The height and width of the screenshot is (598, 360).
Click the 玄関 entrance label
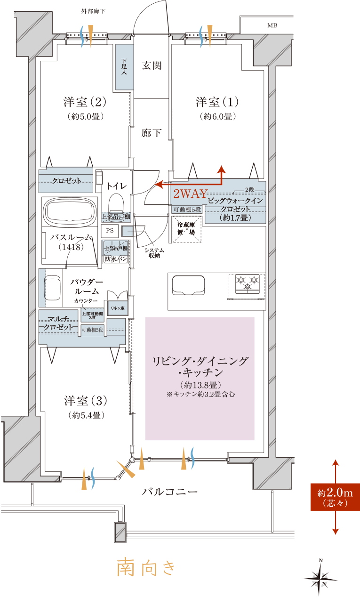coord(152,65)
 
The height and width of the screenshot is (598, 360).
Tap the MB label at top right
coord(272,25)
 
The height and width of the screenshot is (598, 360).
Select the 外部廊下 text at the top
coord(93,11)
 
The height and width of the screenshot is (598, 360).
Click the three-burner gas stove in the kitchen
coord(247,283)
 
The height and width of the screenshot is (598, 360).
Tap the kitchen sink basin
coord(188,285)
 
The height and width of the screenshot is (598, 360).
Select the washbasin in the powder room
coord(53,288)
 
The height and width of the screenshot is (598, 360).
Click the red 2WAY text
coord(190,194)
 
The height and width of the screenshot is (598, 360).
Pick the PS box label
coord(110,231)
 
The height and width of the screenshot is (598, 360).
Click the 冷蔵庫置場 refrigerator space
coord(186,229)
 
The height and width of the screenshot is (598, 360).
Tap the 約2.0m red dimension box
coord(335,497)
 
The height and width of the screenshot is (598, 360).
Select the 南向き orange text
coord(146,566)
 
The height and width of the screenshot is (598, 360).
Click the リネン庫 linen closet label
coord(118,308)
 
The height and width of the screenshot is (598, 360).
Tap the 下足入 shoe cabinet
coord(124,67)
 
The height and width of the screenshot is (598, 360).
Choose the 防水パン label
coord(116,259)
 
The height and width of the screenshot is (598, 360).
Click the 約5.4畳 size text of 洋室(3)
coord(86,415)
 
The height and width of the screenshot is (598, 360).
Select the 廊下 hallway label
coord(152,133)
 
